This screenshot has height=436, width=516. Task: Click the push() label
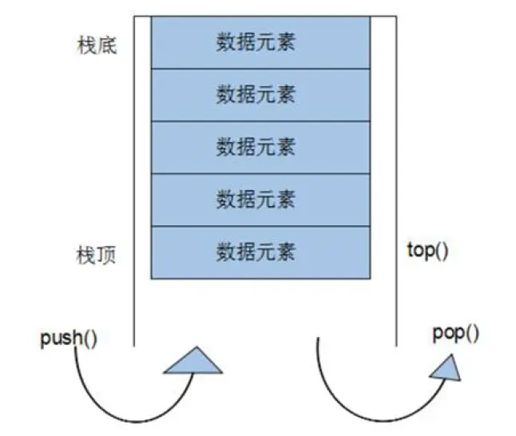pos(69,336)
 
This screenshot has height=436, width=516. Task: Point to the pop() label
pos(456,333)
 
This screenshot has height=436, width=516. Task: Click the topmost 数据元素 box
pos(261,42)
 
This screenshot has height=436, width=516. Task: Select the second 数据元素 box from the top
pos(261,94)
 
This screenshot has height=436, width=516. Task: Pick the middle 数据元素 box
pos(261,147)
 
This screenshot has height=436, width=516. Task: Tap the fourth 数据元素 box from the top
pos(261,200)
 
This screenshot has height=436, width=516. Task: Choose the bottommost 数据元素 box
pos(261,252)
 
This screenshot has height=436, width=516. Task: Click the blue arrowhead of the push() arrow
pos(193,362)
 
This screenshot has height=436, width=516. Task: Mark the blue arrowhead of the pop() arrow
pos(448,367)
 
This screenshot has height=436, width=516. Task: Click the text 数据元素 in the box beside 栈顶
pos(256,252)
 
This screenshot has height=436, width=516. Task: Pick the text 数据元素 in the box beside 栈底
pos(256,42)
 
